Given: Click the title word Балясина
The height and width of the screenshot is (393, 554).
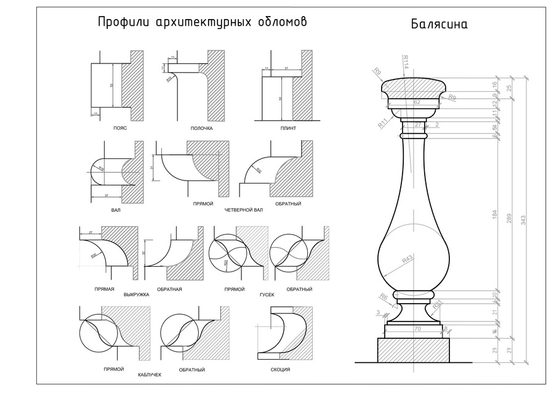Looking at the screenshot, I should tap(440, 25).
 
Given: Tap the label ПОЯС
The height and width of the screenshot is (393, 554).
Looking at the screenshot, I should tap(121, 128).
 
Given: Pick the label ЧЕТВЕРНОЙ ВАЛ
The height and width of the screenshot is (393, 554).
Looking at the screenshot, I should tap(244, 210).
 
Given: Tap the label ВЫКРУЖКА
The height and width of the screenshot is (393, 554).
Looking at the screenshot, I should tap(137, 294).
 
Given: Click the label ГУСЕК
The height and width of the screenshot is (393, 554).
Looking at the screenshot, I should tap(267, 294).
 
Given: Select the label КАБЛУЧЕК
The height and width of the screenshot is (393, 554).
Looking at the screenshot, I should tap(150, 375).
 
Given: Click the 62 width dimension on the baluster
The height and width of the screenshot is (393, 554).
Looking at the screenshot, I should tap(417, 102).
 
